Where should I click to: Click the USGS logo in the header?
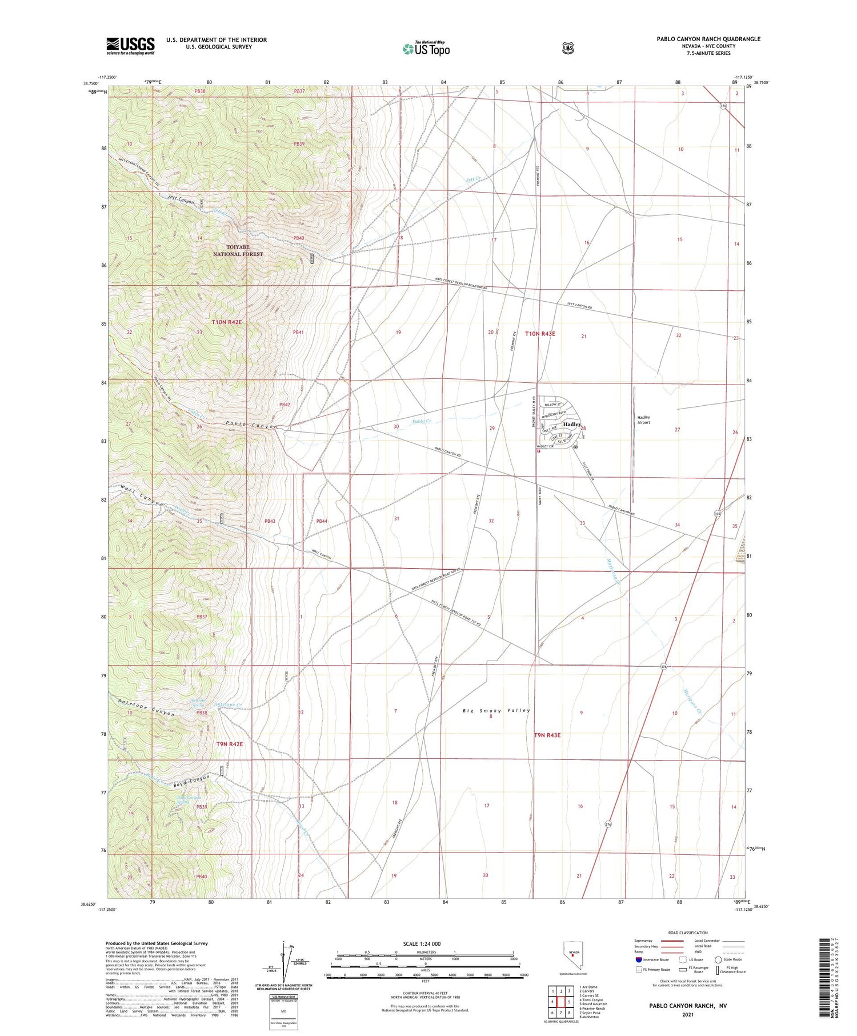coord(130,46)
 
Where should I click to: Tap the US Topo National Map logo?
coord(426,49)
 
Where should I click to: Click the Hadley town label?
coord(572,425)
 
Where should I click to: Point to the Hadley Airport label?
coord(644,419)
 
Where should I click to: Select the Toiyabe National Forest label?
coord(238,250)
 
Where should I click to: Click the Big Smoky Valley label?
coord(496,711)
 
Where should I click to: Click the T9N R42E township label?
coord(230,744)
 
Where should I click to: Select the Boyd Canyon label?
coord(191,782)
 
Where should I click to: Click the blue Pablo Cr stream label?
coord(422,422)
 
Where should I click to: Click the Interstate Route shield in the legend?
coord(639,959)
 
